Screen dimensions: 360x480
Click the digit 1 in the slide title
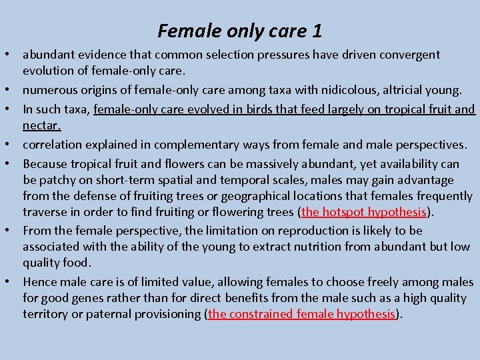coord(317,31)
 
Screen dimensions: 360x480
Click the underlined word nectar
coord(41,125)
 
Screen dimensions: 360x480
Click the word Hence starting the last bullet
coord(39,283)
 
